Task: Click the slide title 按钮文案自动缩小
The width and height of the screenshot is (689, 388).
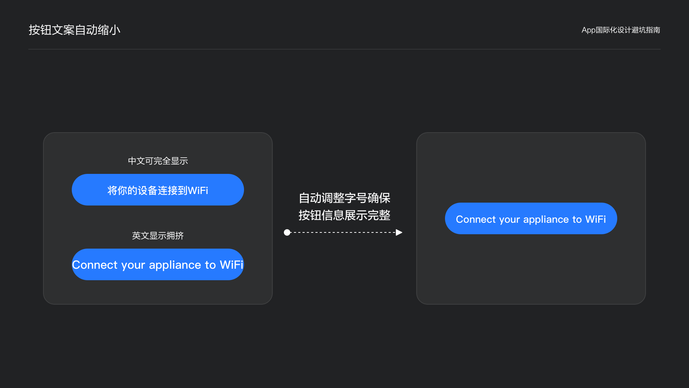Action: [x=74, y=30]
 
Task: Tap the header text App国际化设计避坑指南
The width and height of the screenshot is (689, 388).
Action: [x=620, y=30]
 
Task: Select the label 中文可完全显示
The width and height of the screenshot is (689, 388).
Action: [x=158, y=161]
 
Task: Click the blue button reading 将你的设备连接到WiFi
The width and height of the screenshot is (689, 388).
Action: [x=158, y=190]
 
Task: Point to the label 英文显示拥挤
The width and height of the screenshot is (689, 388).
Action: [x=158, y=236]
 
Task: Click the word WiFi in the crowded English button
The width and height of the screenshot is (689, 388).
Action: [x=231, y=265]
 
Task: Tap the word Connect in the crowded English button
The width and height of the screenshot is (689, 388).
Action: [x=95, y=265]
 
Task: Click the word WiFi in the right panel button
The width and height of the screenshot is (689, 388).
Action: [x=595, y=219]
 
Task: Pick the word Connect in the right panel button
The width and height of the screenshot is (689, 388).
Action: [x=476, y=219]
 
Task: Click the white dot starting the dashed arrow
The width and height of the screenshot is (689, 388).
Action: [x=287, y=232]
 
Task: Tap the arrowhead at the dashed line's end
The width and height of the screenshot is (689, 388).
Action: [x=399, y=232]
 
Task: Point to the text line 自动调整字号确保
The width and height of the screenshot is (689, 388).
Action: [x=344, y=198]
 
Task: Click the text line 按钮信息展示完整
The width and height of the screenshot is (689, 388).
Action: [x=344, y=215]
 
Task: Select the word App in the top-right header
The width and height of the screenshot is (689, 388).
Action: [x=589, y=30]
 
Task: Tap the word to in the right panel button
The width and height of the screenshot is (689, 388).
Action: [x=577, y=219]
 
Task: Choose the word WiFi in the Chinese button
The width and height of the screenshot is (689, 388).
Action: [x=198, y=190]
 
